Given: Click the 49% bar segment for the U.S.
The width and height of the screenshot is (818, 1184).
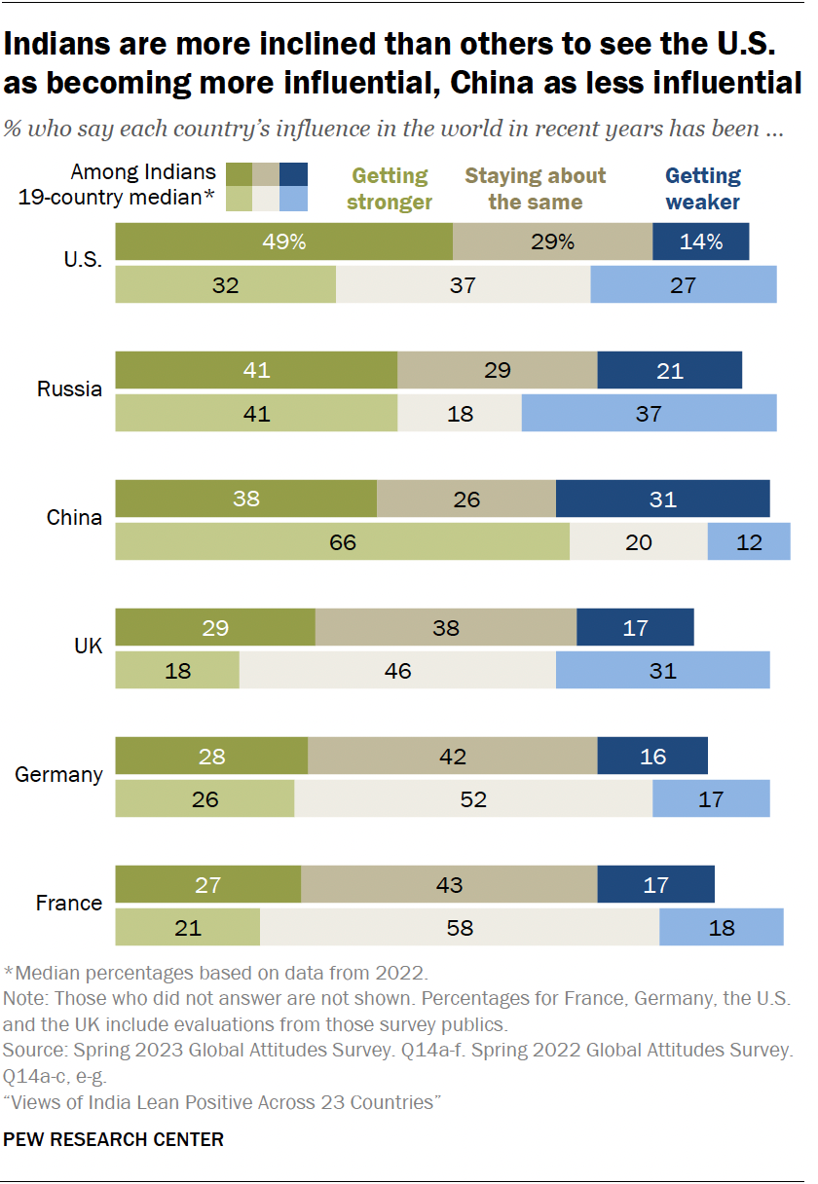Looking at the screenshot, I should (x=283, y=241).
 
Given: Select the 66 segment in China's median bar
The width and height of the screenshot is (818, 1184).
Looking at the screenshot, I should (x=342, y=541).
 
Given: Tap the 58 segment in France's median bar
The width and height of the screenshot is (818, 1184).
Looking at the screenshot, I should (x=459, y=927).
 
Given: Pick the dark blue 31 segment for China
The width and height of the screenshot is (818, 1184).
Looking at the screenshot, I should (x=662, y=499).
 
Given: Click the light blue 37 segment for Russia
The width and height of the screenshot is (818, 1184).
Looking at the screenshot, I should (x=649, y=413).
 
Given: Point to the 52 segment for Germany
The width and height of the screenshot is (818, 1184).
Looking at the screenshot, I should (x=472, y=798).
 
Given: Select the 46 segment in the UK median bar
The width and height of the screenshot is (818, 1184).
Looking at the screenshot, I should (x=397, y=670).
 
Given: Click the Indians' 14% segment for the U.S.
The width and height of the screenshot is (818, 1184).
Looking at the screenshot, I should (x=700, y=241).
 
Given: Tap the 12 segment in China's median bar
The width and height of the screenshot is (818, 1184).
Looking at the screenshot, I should (x=748, y=541).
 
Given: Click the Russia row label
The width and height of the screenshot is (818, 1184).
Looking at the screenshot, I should (x=69, y=389).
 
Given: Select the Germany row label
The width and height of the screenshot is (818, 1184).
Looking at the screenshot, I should (x=58, y=775).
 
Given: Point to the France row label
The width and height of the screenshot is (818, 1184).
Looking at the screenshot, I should (x=68, y=904).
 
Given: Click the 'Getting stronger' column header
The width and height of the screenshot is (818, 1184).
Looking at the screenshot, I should (x=390, y=189).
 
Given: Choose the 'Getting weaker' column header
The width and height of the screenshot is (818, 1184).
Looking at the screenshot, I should (x=702, y=189).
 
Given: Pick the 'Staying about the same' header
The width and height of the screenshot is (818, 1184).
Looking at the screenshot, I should (x=535, y=189).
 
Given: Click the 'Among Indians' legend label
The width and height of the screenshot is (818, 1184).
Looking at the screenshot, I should (x=143, y=172).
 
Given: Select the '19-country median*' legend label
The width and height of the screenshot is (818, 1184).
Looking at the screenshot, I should (x=118, y=198).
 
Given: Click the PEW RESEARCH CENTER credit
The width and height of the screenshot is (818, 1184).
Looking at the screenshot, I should (x=114, y=1138).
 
